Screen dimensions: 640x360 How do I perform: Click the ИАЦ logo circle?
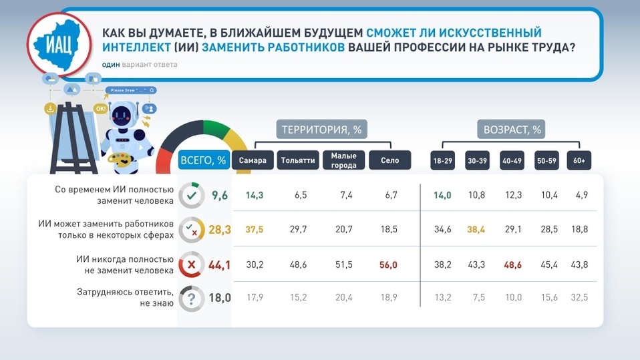click(x=59, y=44)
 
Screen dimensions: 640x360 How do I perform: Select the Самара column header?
click(x=253, y=160)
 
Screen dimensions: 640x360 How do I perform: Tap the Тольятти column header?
click(x=298, y=160)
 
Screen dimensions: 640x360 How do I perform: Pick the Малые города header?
click(x=343, y=160)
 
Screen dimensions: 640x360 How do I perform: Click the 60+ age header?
click(x=579, y=160)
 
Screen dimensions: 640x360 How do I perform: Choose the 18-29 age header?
click(x=442, y=160)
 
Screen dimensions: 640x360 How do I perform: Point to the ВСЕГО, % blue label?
click(x=203, y=160)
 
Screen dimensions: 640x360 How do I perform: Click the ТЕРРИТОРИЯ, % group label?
click(x=321, y=130)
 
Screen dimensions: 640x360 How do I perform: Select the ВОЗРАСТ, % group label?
click(x=512, y=130)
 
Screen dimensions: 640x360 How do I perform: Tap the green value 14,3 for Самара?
click(x=255, y=196)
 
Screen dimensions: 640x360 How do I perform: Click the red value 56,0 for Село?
click(x=388, y=265)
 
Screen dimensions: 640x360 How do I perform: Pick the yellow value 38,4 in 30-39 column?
click(x=476, y=229)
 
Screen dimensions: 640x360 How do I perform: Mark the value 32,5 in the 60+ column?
click(x=579, y=298)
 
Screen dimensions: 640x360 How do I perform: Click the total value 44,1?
click(x=219, y=265)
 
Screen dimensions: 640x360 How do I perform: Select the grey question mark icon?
click(x=192, y=299)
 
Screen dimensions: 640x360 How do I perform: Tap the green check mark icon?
click(x=192, y=196)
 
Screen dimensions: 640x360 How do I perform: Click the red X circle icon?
click(x=192, y=264)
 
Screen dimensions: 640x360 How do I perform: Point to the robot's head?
click(x=122, y=114)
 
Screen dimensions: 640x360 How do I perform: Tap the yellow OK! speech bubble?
click(x=100, y=109)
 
